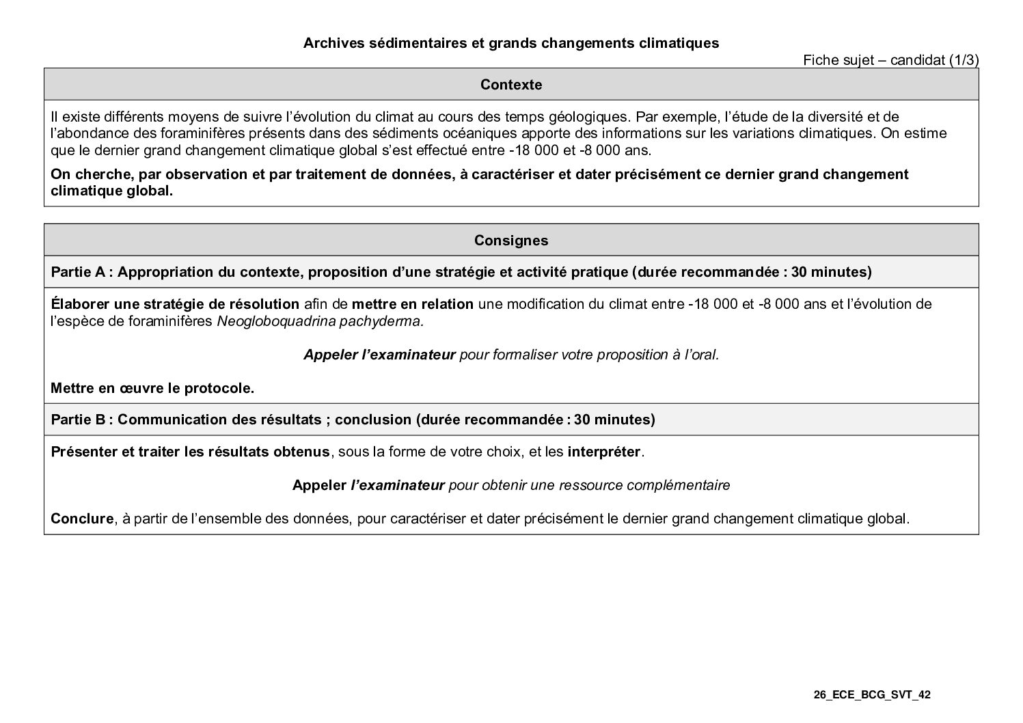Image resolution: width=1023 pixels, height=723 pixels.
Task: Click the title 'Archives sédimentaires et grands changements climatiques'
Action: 510,43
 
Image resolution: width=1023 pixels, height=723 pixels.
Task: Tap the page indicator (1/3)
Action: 964,60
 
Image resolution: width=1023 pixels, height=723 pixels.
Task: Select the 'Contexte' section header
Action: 510,85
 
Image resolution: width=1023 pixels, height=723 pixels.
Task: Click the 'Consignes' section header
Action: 510,241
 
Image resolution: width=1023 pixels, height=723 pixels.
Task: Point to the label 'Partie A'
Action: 78,272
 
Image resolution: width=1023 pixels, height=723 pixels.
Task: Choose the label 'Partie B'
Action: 78,420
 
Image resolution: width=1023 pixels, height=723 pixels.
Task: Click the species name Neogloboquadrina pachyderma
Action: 320,321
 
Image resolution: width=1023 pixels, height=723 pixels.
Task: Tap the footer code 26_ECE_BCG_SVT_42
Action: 872,695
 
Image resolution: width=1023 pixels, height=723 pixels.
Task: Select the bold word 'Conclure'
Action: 81,519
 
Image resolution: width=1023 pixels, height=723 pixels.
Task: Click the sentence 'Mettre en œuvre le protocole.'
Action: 152,388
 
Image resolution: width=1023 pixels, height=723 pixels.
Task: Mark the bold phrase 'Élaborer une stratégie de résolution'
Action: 175,304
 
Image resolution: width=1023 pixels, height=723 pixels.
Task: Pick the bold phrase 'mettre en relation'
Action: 412,304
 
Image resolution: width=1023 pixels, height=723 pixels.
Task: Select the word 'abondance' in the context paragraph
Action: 88,133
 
